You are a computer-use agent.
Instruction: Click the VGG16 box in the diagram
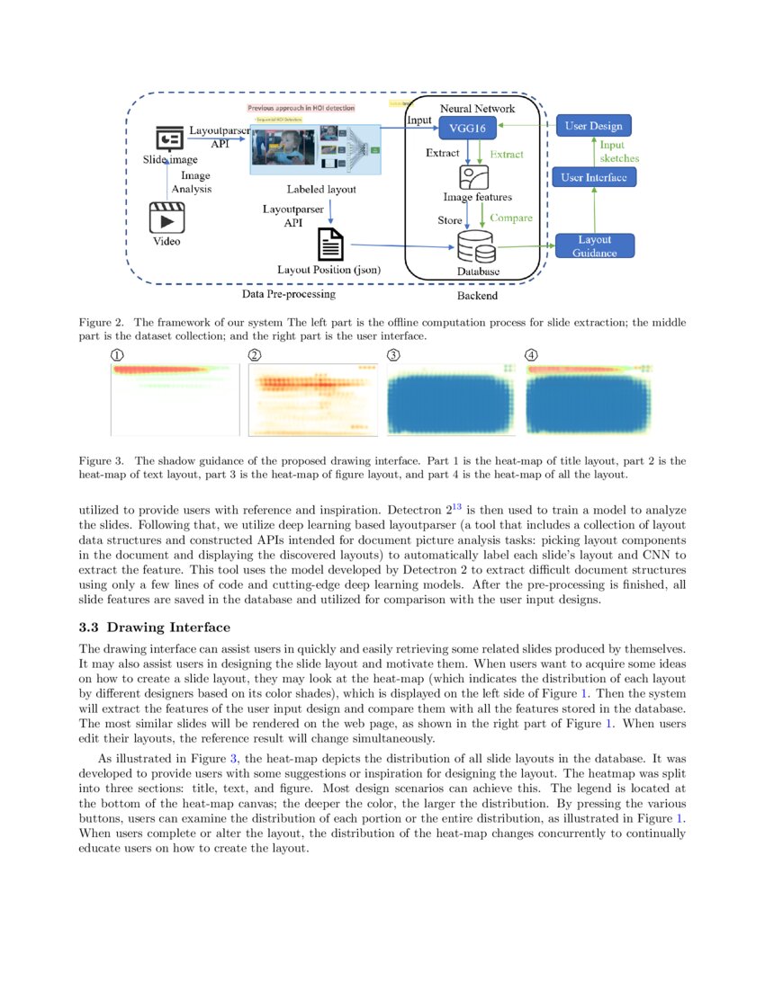(467, 128)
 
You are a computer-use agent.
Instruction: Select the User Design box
(593, 126)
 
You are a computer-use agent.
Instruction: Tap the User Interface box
(593, 177)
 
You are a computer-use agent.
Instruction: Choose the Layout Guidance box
(594, 245)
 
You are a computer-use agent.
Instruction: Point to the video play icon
(166, 218)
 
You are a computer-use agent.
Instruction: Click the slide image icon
(169, 139)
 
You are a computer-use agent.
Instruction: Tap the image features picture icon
(473, 176)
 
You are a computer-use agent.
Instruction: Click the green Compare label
(511, 218)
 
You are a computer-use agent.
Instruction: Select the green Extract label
(507, 154)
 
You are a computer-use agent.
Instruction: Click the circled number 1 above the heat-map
(117, 355)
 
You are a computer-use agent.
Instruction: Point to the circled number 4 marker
(531, 355)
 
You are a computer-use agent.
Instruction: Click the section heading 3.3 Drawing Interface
(154, 627)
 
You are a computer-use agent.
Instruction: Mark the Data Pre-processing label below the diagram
(289, 294)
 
